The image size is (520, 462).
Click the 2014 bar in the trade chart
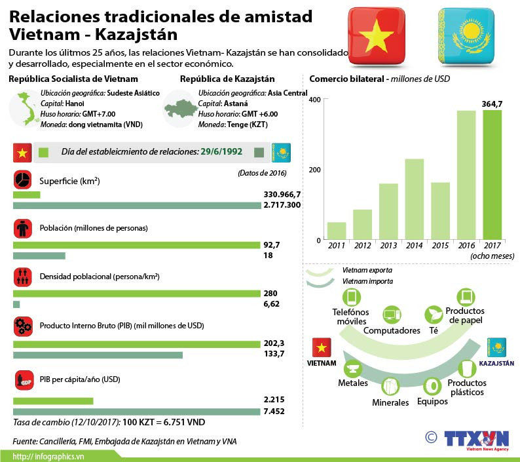pyautogui.click(x=415, y=199)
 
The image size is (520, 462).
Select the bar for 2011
pyautogui.click(x=337, y=231)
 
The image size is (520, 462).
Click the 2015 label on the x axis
pyautogui.click(x=440, y=245)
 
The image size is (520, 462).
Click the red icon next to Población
pyautogui.click(x=22, y=228)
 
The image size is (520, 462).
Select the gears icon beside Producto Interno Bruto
pyautogui.click(x=22, y=325)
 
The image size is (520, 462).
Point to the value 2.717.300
pyautogui.click(x=282, y=205)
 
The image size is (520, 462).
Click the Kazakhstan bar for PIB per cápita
pyautogui.click(x=136, y=411)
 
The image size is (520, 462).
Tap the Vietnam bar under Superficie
pyautogui.click(x=26, y=195)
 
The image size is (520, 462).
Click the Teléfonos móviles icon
pyautogui.click(x=352, y=297)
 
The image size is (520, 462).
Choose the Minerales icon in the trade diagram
pyautogui.click(x=390, y=385)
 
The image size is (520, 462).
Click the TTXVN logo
pyautogui.click(x=476, y=440)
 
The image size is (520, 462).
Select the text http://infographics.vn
pyautogui.click(x=41, y=456)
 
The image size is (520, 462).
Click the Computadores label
pyautogui.click(x=391, y=331)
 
